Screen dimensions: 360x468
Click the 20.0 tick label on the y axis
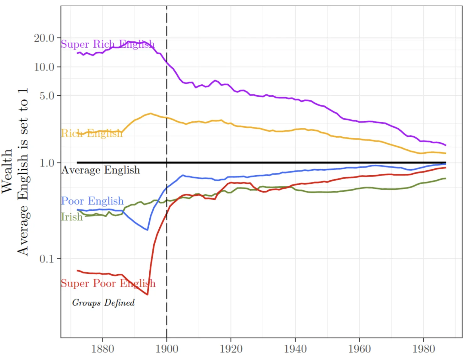pos(44,38)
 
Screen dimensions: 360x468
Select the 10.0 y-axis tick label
pos(44,67)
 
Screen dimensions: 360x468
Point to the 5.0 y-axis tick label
pos(47,96)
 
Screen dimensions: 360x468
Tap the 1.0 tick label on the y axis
pos(47,163)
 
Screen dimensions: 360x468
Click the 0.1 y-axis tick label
pos(47,259)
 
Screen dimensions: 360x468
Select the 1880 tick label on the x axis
pos(102,349)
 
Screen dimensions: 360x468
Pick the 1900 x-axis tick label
pos(167,349)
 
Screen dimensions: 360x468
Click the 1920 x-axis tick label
pos(231,349)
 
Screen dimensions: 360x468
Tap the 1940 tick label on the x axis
pos(295,349)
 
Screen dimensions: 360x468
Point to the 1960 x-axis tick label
pos(359,349)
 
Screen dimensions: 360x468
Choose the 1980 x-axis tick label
pos(423,349)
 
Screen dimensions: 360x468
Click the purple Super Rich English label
pos(108,44)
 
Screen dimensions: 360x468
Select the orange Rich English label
pos(92,134)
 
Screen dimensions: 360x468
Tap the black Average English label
pos(101,170)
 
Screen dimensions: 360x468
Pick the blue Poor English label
pos(92,201)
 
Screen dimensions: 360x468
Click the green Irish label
pos(72,217)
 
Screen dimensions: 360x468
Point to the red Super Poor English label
pos(108,283)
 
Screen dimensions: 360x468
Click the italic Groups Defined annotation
pos(103,303)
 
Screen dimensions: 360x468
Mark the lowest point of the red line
pos(147,294)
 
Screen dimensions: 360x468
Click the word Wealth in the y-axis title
pos(7,171)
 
